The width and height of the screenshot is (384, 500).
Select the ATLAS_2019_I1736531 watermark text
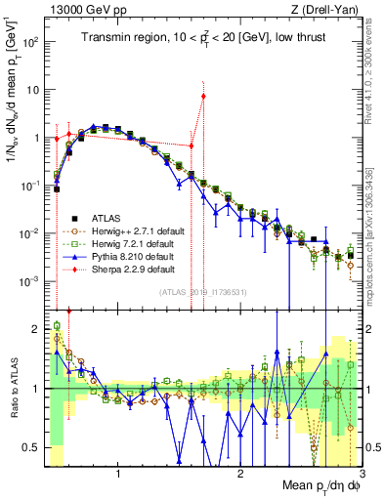[x=204, y=292]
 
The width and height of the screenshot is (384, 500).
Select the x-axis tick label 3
[x=363, y=473]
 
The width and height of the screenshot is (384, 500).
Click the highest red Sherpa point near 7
[x=203, y=96]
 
